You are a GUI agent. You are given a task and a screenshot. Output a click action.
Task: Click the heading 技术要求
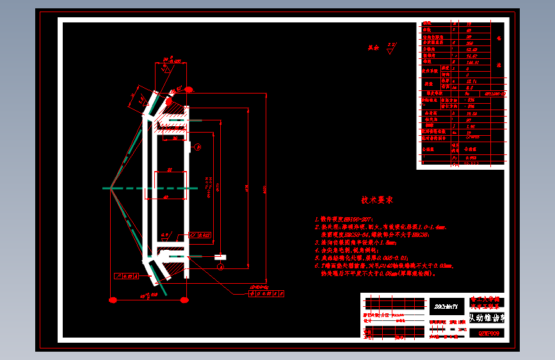click(x=376, y=200)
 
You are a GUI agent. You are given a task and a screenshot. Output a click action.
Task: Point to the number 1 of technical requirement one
click(x=316, y=219)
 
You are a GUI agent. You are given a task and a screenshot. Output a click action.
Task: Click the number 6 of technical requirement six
click(x=316, y=265)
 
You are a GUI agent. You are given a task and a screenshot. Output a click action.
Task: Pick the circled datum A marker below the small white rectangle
click(x=220, y=265)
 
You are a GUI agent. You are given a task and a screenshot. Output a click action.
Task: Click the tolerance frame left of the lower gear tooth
click(x=126, y=276)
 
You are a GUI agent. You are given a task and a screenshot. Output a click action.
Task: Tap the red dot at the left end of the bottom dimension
click(x=112, y=299)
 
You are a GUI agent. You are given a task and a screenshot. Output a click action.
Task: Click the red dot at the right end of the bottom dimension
click(x=186, y=299)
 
